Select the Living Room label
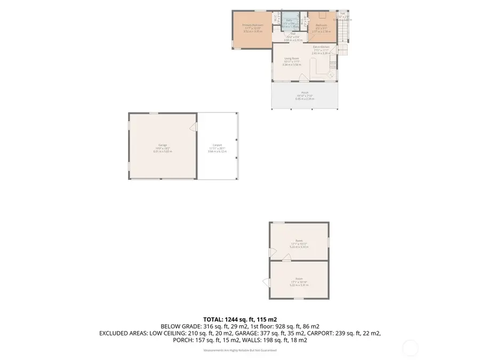coord(292,59)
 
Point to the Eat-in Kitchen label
coord(321,47)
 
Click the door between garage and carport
coord(195,127)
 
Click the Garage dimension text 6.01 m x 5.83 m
coord(162,151)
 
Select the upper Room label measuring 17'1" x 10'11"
coord(299,241)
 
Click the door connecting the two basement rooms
coord(286,258)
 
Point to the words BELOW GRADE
coord(178,326)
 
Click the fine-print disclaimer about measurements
coord(239,350)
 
